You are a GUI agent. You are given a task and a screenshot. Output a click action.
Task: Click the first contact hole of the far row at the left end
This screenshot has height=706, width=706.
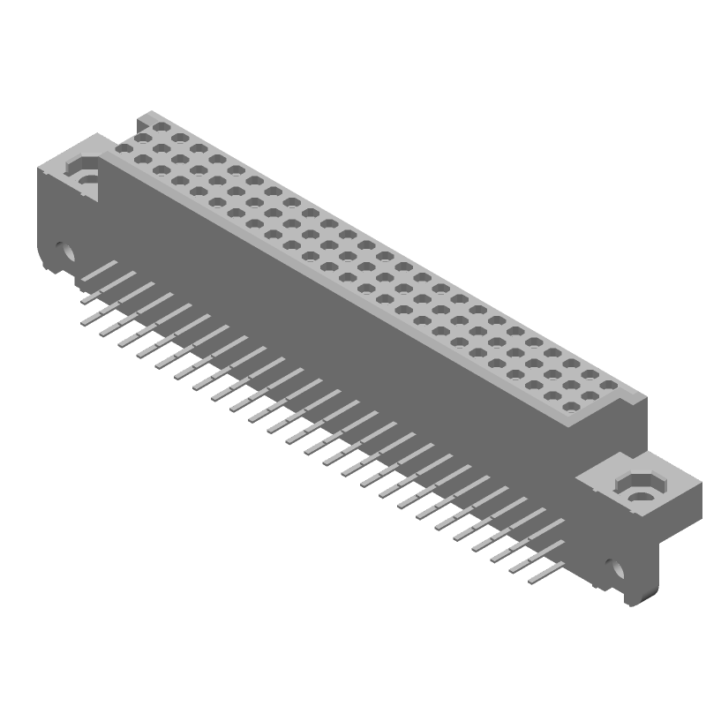pos(160,128)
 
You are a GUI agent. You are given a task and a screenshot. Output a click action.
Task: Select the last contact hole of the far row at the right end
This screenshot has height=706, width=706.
pos(607,385)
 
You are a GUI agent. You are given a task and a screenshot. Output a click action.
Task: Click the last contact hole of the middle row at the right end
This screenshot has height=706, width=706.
pos(589,396)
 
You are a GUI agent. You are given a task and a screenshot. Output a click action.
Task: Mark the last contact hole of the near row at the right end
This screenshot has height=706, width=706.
pos(570,408)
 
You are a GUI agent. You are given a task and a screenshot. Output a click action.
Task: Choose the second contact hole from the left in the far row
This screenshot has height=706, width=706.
pos(178,139)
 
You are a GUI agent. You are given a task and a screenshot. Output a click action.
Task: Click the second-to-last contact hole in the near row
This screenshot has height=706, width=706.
pos(552,397)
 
